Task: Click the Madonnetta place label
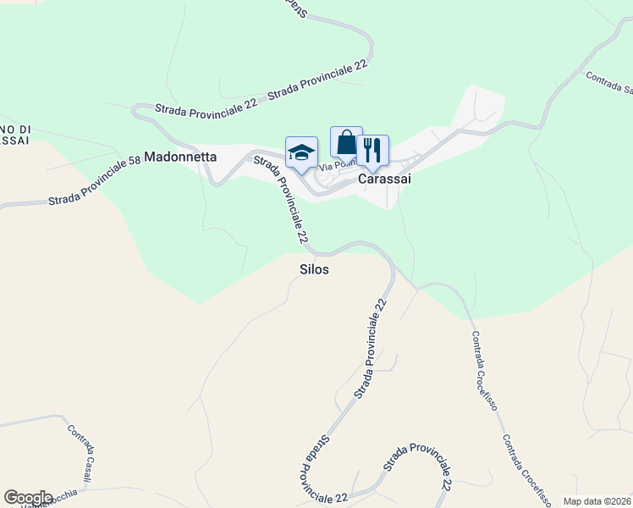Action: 180,157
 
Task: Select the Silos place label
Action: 314,268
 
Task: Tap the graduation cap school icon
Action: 301,152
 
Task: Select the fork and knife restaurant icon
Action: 372,150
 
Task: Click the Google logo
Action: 28,497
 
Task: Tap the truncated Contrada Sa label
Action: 609,82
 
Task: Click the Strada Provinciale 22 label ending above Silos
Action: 279,200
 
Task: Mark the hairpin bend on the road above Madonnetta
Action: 137,111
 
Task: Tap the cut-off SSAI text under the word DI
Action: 14,139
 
